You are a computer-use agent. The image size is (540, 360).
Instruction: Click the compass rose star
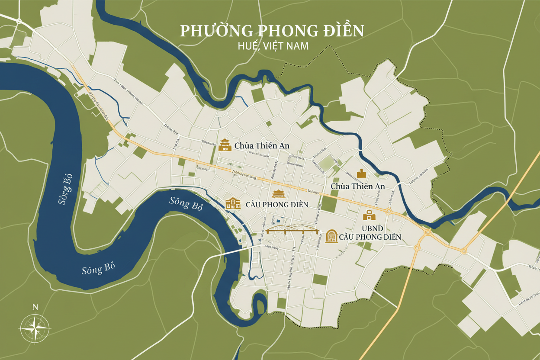35,328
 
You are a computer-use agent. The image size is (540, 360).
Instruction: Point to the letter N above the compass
35,307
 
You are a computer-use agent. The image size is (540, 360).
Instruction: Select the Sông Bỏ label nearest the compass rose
98,269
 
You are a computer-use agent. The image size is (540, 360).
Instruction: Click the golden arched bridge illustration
293,230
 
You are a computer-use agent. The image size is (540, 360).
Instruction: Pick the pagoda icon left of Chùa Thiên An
225,145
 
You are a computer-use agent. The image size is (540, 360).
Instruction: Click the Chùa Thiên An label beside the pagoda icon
262,146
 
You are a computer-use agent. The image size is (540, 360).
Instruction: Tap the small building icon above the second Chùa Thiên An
361,174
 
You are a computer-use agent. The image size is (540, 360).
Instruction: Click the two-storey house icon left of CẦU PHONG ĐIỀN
233,203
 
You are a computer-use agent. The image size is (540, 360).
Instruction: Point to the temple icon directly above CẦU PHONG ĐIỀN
277,194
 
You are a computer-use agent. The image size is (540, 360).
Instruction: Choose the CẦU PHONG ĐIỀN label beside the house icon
276,204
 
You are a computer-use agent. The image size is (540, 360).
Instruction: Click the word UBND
369,228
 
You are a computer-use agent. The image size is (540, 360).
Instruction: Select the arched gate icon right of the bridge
331,236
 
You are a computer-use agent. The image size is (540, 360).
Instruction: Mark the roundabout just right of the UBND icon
388,212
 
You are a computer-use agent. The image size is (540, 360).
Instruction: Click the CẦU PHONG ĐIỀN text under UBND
370,237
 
